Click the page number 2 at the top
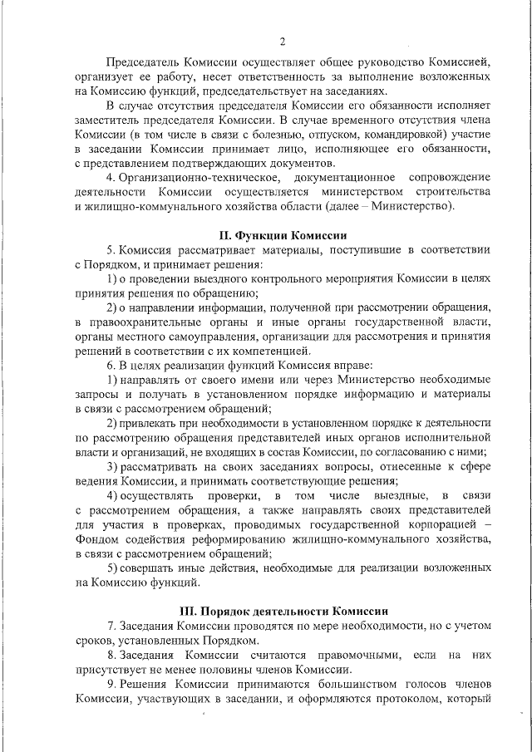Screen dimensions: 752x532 [283, 42]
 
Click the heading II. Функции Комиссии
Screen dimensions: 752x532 [283, 234]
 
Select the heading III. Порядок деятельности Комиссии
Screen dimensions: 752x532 [283, 610]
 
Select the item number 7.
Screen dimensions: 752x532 [111, 626]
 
